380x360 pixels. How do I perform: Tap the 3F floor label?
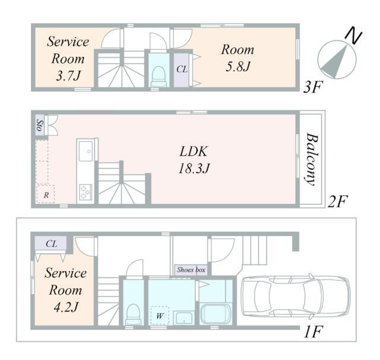pos(313,87)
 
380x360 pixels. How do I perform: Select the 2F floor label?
pos(337,201)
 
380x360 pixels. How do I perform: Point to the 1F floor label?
pos(313,332)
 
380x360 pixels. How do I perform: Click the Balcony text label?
pos(311,159)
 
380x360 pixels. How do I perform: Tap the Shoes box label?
pos(191,270)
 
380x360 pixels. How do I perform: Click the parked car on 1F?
pos(296,296)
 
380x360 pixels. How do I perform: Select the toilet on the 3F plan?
pos(159,77)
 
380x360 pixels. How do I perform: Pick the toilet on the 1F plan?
pos(133,314)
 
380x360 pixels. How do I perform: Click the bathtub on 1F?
pos(216,314)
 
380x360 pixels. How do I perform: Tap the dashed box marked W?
pos(159,316)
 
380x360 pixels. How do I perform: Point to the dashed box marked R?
pos(46,194)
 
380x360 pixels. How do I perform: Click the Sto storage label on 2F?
pos(40,125)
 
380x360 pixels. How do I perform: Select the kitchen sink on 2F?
pos(85,151)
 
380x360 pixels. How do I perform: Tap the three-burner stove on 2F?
pos(85,192)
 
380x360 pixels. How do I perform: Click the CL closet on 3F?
pos(182,70)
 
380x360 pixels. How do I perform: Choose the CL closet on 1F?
pos(51,244)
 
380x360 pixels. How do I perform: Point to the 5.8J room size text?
pos(237,66)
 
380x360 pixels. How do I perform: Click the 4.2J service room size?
pos(66,307)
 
